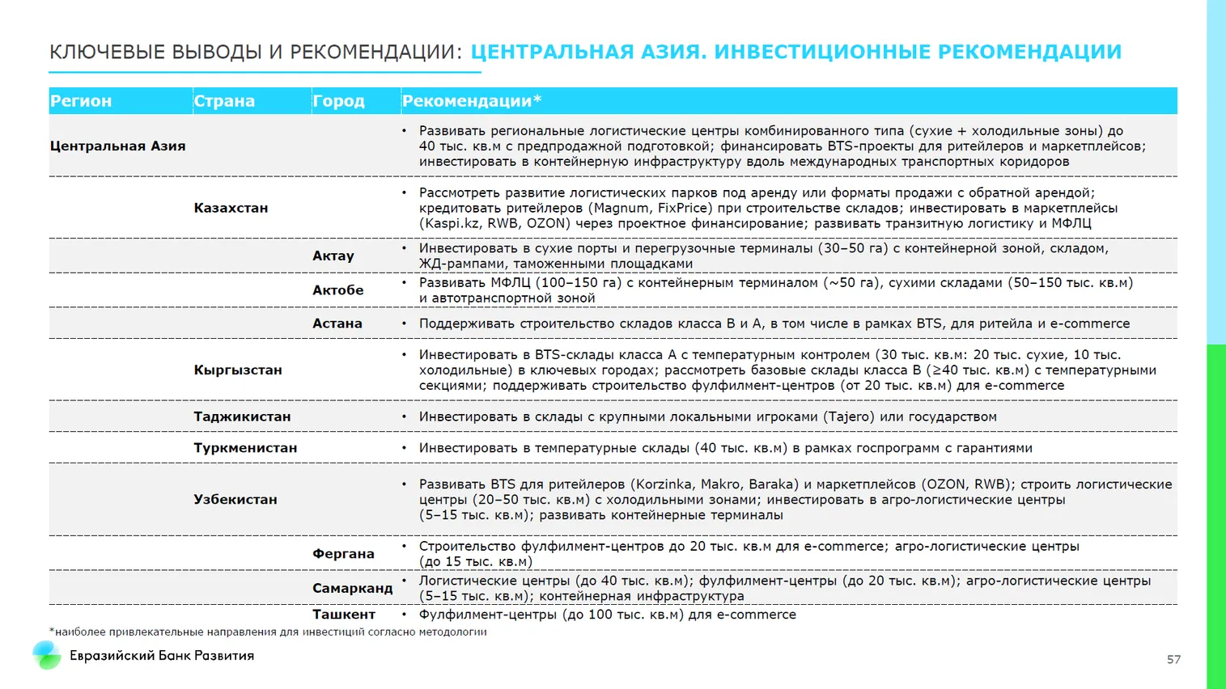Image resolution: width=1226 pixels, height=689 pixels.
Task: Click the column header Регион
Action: (x=81, y=101)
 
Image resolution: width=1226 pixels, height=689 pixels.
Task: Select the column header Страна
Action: (x=224, y=101)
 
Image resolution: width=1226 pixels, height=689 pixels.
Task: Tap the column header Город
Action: (x=338, y=101)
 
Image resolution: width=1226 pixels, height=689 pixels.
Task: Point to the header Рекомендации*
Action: (x=471, y=101)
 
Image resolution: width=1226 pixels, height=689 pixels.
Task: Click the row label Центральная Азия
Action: (x=117, y=146)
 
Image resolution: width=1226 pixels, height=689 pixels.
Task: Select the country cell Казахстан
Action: (x=231, y=208)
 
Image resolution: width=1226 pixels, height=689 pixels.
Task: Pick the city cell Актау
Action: (x=333, y=256)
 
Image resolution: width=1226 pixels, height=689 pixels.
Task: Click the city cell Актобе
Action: (x=338, y=290)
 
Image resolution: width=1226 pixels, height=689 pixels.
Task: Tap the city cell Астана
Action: (x=337, y=323)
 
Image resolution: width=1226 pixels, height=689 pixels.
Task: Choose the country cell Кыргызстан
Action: (x=238, y=370)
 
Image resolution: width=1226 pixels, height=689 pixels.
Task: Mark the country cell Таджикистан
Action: (x=242, y=416)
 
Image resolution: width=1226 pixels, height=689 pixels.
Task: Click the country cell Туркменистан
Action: (x=245, y=448)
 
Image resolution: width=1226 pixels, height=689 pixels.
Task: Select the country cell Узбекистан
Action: (x=235, y=500)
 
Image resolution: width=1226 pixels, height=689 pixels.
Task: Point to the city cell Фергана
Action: (x=343, y=554)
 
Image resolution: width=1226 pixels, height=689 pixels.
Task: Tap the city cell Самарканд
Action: (x=352, y=588)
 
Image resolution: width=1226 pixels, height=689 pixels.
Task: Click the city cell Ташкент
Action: (x=344, y=615)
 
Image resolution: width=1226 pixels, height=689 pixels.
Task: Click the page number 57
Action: (x=1173, y=660)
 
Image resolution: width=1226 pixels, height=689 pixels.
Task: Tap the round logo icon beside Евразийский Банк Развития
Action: (x=46, y=655)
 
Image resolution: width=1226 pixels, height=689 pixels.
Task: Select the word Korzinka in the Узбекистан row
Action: (x=664, y=484)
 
